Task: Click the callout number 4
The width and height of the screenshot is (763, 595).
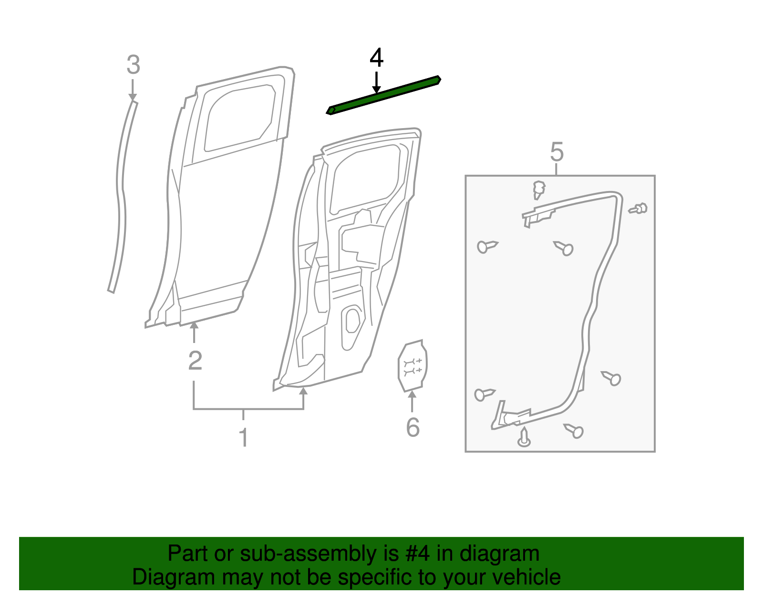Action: pos(376,58)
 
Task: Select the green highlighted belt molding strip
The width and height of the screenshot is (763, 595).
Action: pos(383,95)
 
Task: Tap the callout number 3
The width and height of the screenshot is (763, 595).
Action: pos(133,65)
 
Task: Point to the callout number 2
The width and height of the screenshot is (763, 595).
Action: pos(195,361)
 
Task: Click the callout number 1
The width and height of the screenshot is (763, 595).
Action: pos(243,437)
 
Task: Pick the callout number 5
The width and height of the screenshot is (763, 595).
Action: pos(557,152)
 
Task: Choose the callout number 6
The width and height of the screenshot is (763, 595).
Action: pos(412,427)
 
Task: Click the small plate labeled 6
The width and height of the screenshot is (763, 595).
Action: pos(412,366)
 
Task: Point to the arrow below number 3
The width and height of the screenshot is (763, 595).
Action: pos(133,91)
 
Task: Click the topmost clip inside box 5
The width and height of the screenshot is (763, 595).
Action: pos(539,189)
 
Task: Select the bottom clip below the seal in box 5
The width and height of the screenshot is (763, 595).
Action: pos(524,438)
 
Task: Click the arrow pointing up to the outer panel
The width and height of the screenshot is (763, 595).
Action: pos(194,332)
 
